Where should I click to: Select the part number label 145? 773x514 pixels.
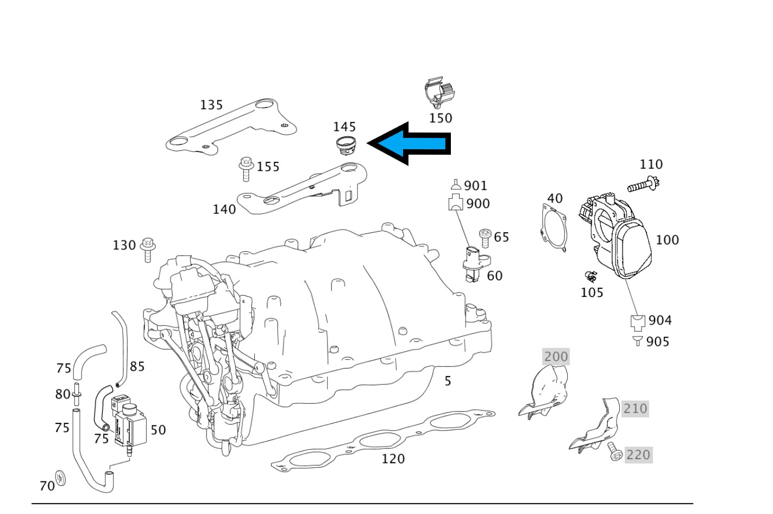tap(344, 126)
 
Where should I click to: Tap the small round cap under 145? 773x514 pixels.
tap(345, 145)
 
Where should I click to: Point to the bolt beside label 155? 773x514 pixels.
tap(246, 169)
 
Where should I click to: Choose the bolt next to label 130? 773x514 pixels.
tap(148, 249)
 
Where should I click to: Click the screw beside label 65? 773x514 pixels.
tap(485, 238)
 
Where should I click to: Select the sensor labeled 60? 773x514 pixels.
tap(473, 264)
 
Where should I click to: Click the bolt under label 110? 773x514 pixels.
tap(644, 185)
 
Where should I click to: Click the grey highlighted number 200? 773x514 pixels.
tap(556, 357)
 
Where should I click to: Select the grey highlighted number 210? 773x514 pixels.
tap(635, 408)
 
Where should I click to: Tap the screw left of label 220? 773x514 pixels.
tap(615, 452)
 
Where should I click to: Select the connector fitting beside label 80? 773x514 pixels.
tap(76, 394)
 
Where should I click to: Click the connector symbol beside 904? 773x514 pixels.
tap(638, 321)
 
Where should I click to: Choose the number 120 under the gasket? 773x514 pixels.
tap(393, 459)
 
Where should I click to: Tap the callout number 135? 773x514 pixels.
tap(211, 105)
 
